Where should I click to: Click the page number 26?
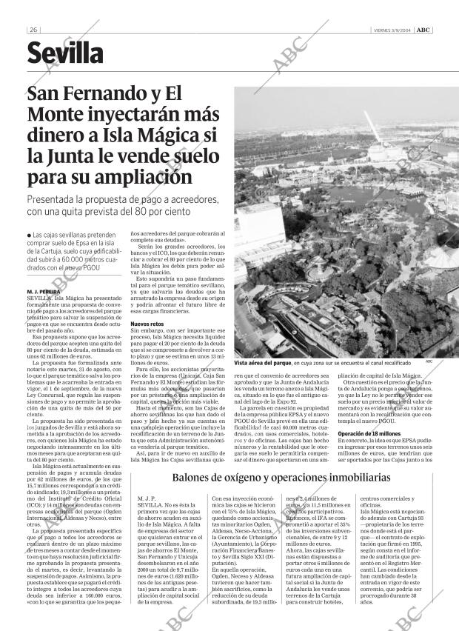tap(34, 30)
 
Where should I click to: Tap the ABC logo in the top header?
tap(423, 30)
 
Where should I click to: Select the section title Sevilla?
tap(65, 53)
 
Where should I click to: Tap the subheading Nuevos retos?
tap(146, 324)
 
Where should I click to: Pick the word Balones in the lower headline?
tap(193, 478)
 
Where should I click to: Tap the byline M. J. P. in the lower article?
tap(147, 500)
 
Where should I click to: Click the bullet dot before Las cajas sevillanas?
tap(28, 236)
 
